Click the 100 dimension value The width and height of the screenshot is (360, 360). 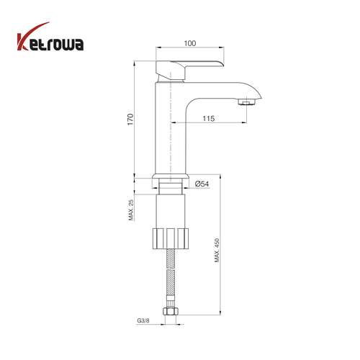pos(190,43)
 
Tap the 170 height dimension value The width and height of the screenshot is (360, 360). pos(130,120)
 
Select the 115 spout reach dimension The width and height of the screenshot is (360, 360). pos(209,118)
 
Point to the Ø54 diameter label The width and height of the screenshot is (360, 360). pos(202,184)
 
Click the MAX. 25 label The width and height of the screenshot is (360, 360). pos(131,210)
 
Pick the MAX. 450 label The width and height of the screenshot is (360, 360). pos(217,250)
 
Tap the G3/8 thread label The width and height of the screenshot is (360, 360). pos(143,320)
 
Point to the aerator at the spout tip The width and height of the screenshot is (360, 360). pos(247,102)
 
